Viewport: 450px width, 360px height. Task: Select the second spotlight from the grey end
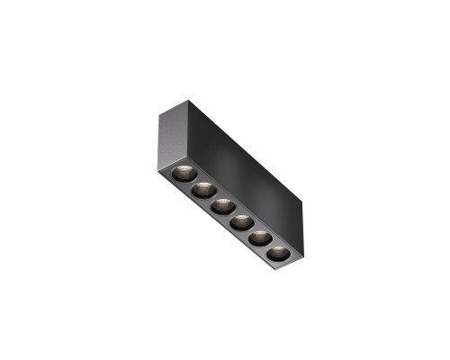[x=202, y=189]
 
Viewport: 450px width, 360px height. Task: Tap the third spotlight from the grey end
[x=222, y=205]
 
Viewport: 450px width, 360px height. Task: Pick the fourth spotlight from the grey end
[x=242, y=221]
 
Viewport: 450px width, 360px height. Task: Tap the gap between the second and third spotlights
[x=212, y=197]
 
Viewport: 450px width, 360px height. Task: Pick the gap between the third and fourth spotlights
[x=232, y=213]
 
